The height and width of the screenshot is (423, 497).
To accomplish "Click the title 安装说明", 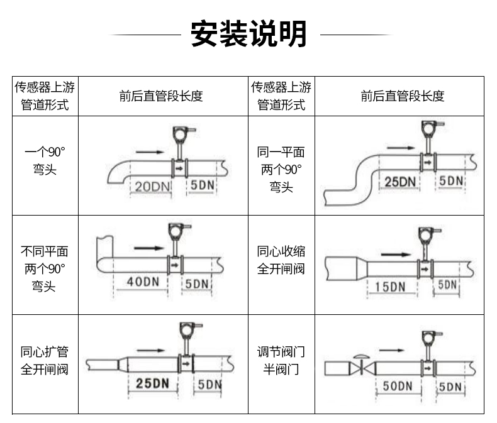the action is [x=248, y=33].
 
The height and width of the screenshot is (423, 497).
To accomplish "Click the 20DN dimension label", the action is [x=152, y=187].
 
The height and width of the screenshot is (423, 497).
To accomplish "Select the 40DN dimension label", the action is [x=143, y=282].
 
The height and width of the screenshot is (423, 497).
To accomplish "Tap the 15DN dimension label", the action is [x=390, y=287].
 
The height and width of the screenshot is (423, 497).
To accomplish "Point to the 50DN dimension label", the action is [x=398, y=386].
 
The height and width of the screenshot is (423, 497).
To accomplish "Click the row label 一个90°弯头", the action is [x=45, y=161].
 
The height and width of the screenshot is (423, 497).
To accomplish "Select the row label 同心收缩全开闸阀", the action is [x=281, y=260].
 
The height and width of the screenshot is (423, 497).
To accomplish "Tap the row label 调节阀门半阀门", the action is [x=281, y=360].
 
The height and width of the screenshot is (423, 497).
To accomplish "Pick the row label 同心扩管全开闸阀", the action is [x=45, y=360].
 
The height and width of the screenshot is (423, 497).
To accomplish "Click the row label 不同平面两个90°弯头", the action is [x=45, y=269].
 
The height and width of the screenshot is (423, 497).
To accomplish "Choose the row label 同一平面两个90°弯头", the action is [x=281, y=170].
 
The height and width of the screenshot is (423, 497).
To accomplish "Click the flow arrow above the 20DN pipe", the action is [x=150, y=152].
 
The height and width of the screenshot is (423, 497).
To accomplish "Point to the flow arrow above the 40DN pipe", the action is [x=149, y=248].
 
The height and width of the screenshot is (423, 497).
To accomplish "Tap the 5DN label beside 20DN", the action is [x=203, y=185].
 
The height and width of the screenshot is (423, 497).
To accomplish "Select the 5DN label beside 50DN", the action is [x=450, y=387].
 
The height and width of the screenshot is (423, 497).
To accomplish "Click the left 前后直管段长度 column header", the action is [x=161, y=96].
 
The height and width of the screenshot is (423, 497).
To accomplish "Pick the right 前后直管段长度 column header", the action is [x=403, y=96].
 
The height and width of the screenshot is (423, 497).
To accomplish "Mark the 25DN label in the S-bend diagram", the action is [x=400, y=182].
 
